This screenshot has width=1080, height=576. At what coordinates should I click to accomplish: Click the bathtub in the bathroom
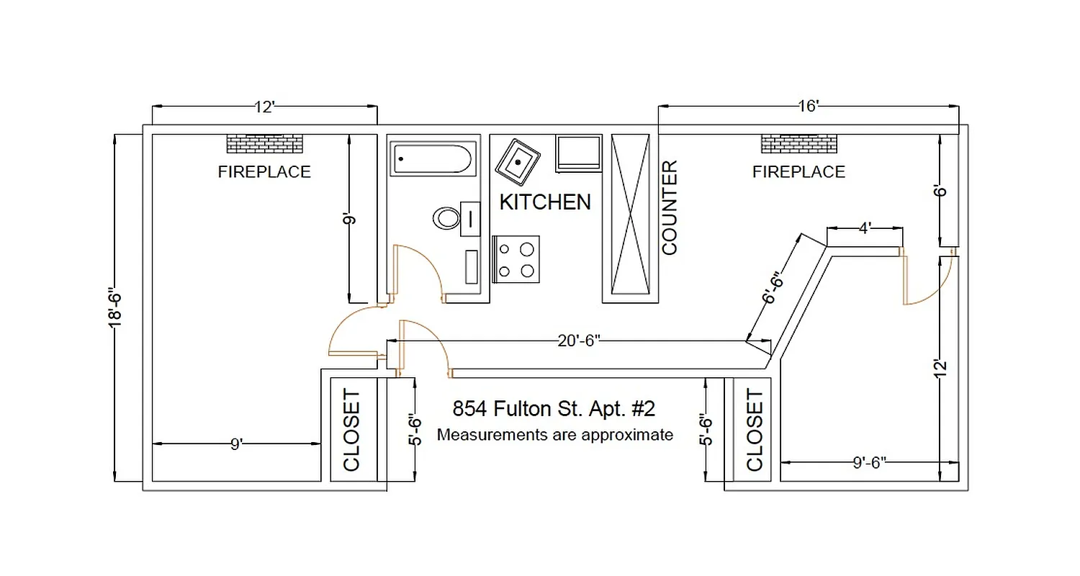[x=431, y=159]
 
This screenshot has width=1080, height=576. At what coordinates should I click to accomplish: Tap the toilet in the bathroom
[x=447, y=218]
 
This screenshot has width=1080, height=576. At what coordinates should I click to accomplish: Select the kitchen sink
[x=518, y=162]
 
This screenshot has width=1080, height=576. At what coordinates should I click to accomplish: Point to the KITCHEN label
[x=545, y=202]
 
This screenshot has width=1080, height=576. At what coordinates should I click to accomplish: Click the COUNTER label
[x=670, y=207]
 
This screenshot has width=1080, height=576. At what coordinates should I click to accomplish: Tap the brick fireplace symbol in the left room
[x=264, y=144]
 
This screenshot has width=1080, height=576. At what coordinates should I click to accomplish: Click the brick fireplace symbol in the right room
[x=798, y=144]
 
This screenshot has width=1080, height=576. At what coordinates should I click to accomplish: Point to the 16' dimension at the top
[x=808, y=107]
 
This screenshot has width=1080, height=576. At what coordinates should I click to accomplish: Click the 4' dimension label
[x=865, y=228]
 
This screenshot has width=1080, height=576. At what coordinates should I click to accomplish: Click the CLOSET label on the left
[x=351, y=431]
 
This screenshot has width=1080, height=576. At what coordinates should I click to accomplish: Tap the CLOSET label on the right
[x=755, y=431]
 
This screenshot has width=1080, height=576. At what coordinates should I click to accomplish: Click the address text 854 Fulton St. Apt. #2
[x=554, y=409]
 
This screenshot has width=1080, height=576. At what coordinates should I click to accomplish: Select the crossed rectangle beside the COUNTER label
[x=631, y=215]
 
